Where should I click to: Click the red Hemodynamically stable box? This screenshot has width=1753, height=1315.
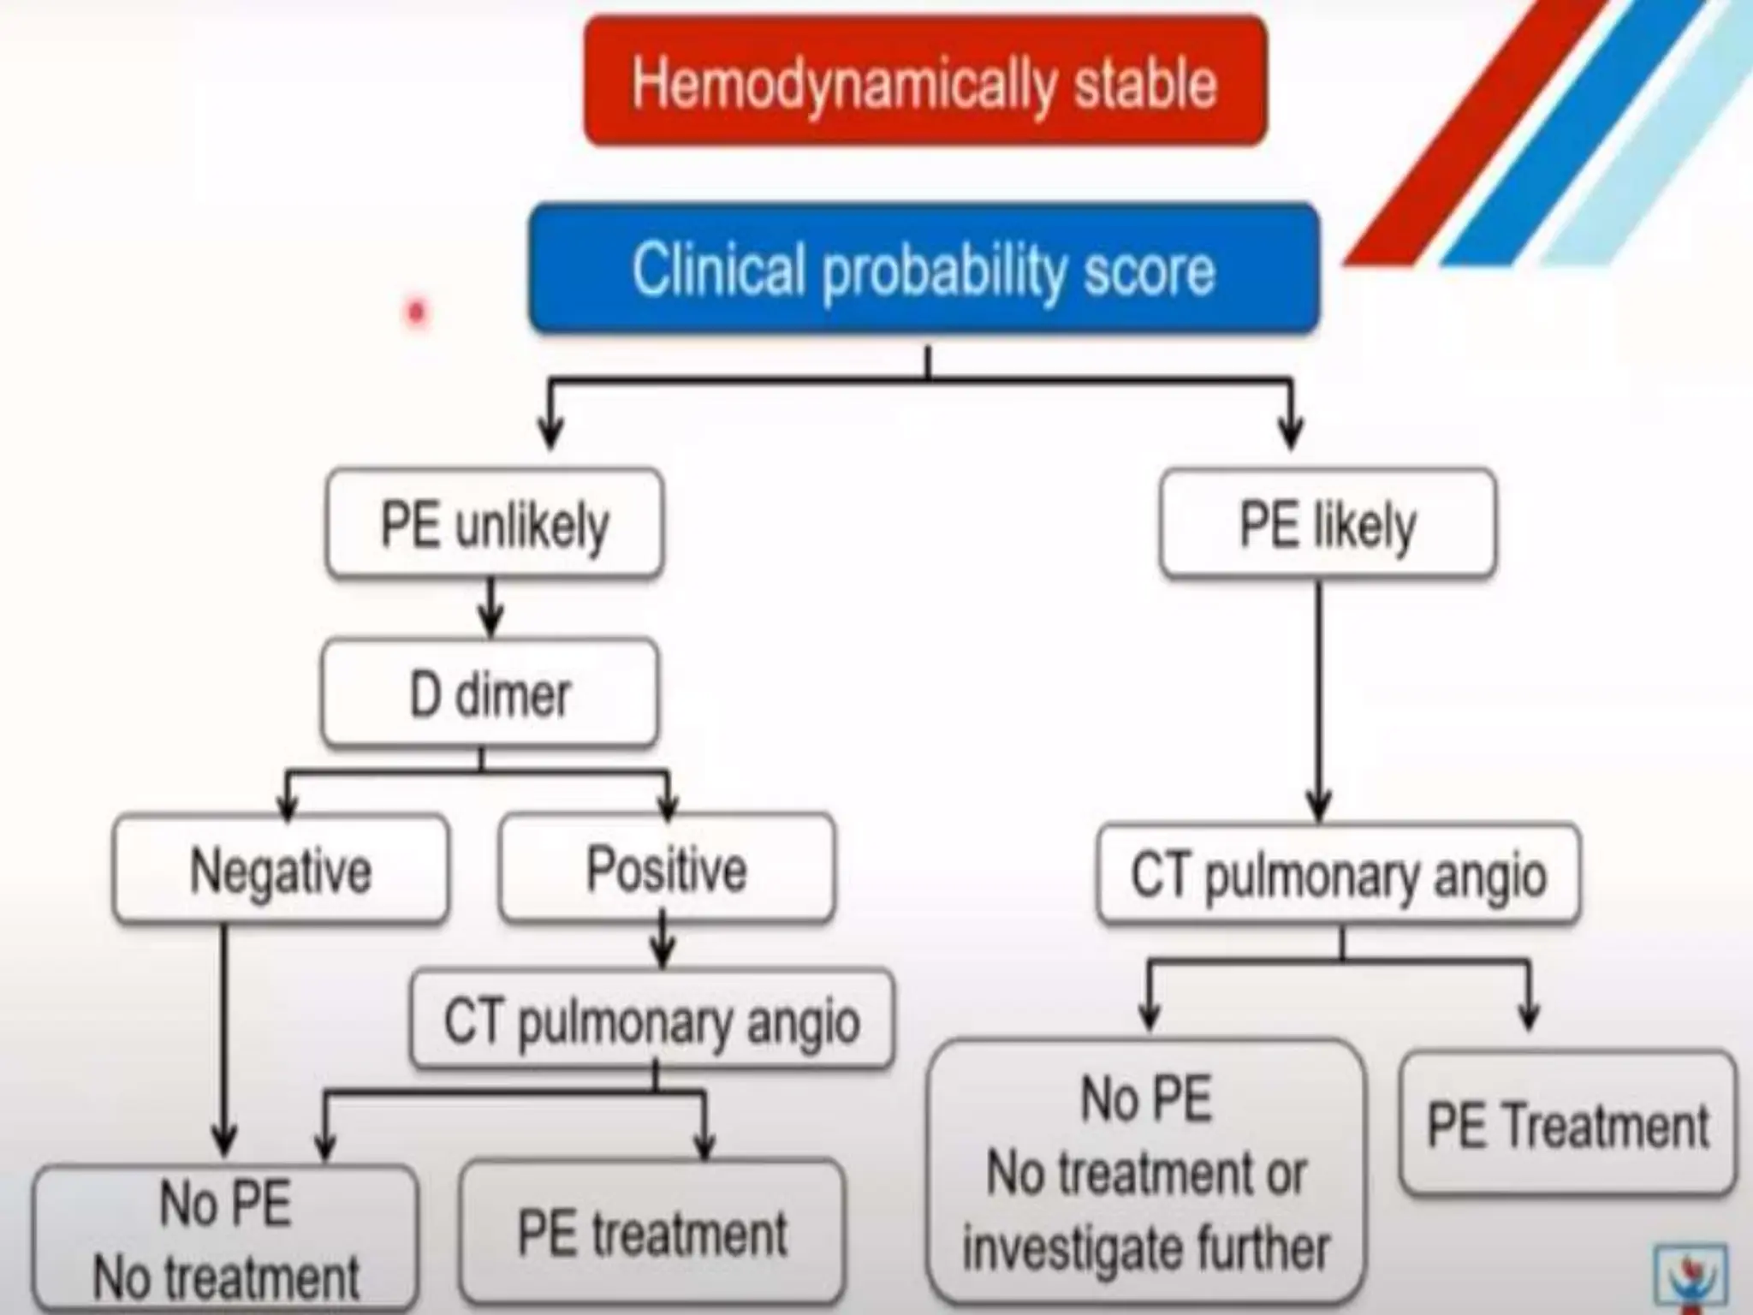[x=924, y=81]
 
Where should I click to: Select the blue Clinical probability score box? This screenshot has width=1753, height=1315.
[x=924, y=269]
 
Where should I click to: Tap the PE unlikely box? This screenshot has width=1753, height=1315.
[x=494, y=523]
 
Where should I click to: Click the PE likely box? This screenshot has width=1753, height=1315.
[x=1328, y=523]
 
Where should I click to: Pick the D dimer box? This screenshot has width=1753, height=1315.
[x=490, y=693]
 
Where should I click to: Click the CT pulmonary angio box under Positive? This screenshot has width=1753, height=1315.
[x=652, y=1020]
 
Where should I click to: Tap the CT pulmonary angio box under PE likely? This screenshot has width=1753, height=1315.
[x=1339, y=875]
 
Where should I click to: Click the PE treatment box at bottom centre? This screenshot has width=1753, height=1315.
[x=652, y=1233]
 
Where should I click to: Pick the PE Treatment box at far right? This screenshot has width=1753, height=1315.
[x=1568, y=1124]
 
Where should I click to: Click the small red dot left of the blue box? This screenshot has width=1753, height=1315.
[x=417, y=312]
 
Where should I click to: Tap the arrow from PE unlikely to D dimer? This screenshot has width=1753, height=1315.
[x=490, y=608]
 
